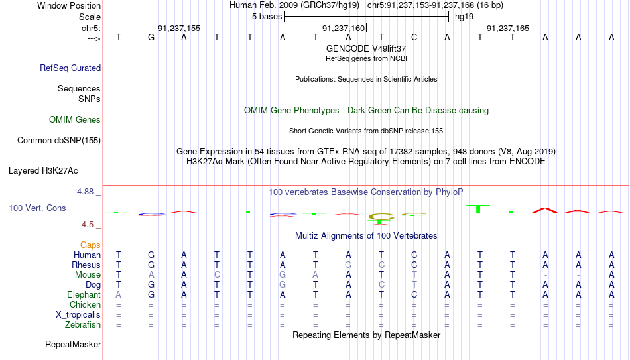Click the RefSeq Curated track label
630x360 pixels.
[70, 68]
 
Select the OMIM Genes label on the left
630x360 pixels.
[75, 120]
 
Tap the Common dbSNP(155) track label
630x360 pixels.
[59, 141]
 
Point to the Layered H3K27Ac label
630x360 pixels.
[43, 171]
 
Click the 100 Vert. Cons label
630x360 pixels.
[37, 208]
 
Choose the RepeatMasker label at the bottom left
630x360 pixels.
[73, 344]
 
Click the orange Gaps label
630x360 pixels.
[90, 245]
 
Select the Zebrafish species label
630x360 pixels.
[83, 324]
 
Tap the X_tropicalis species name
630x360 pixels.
[78, 315]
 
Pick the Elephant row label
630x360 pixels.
[84, 294]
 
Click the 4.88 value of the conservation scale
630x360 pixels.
[85, 192]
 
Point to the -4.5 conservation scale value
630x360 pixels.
[86, 225]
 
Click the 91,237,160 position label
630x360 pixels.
[344, 28]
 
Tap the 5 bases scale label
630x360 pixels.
[267, 17]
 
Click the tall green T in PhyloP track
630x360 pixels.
[478, 209]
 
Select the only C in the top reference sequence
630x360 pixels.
[414, 37]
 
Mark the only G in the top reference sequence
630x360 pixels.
[151, 37]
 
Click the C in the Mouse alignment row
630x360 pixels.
[217, 275]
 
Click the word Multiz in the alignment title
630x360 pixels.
[306, 236]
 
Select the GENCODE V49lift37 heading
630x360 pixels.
[366, 48]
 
